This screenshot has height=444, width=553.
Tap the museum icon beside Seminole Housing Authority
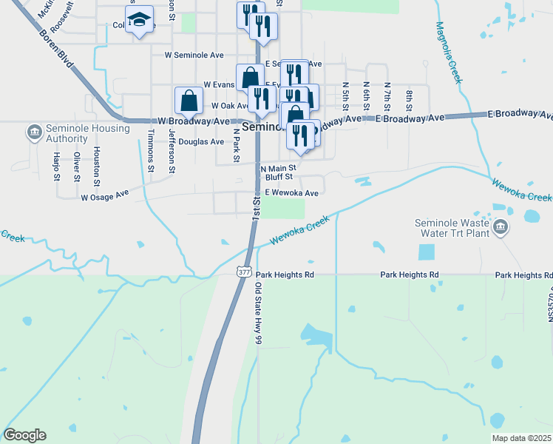(x=33, y=133)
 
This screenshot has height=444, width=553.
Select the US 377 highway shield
(x=245, y=272)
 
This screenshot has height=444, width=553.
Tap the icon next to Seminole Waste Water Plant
(x=501, y=226)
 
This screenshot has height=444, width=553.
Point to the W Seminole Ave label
(x=194, y=55)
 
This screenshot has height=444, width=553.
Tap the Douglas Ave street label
(x=201, y=141)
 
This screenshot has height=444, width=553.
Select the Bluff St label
(x=279, y=177)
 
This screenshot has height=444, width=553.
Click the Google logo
(x=25, y=435)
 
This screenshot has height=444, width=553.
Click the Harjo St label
(x=56, y=166)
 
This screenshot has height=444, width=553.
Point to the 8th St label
(x=408, y=97)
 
